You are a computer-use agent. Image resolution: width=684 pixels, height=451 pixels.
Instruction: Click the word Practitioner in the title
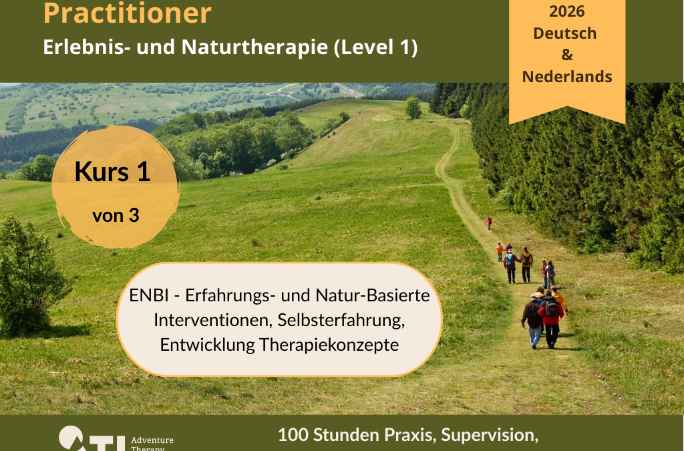pyautogui.click(x=127, y=13)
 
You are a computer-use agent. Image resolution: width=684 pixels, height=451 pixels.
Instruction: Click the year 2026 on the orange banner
pyautogui.click(x=566, y=11)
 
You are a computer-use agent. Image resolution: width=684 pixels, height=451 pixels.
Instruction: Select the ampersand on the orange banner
pyautogui.click(x=566, y=55)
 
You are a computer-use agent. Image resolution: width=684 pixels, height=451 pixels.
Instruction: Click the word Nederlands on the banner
pyautogui.click(x=566, y=76)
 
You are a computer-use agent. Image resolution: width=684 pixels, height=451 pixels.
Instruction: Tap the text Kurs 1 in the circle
pyautogui.click(x=112, y=172)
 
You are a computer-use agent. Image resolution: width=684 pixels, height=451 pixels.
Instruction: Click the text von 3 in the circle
pyautogui.click(x=116, y=216)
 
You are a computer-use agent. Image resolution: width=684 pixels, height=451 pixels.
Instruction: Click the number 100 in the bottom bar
pyautogui.click(x=292, y=435)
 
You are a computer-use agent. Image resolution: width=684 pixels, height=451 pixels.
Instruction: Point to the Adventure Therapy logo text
pyautogui.click(x=152, y=444)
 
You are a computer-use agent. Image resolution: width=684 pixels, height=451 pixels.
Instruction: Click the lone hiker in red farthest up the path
pyautogui.click(x=488, y=222)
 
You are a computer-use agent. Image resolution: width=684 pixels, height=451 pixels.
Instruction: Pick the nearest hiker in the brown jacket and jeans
pyautogui.click(x=532, y=321)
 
